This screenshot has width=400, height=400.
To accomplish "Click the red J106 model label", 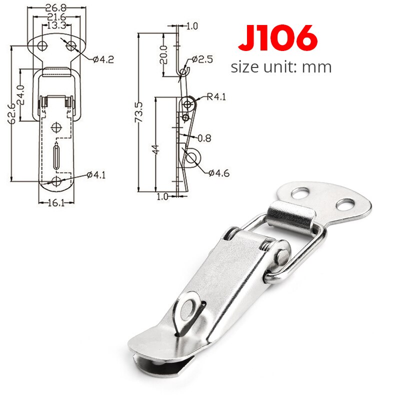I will (278, 37).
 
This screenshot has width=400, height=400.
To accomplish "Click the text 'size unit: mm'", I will (281, 66).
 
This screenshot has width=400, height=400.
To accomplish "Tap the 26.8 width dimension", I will (55, 7).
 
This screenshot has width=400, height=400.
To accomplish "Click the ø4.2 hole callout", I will (103, 59).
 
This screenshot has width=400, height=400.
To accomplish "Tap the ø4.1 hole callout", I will (96, 174).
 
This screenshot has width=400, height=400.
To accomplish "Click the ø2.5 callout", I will (202, 59).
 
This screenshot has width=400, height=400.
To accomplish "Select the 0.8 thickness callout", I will (204, 136).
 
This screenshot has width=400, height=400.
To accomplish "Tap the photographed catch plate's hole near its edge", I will (344, 204).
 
